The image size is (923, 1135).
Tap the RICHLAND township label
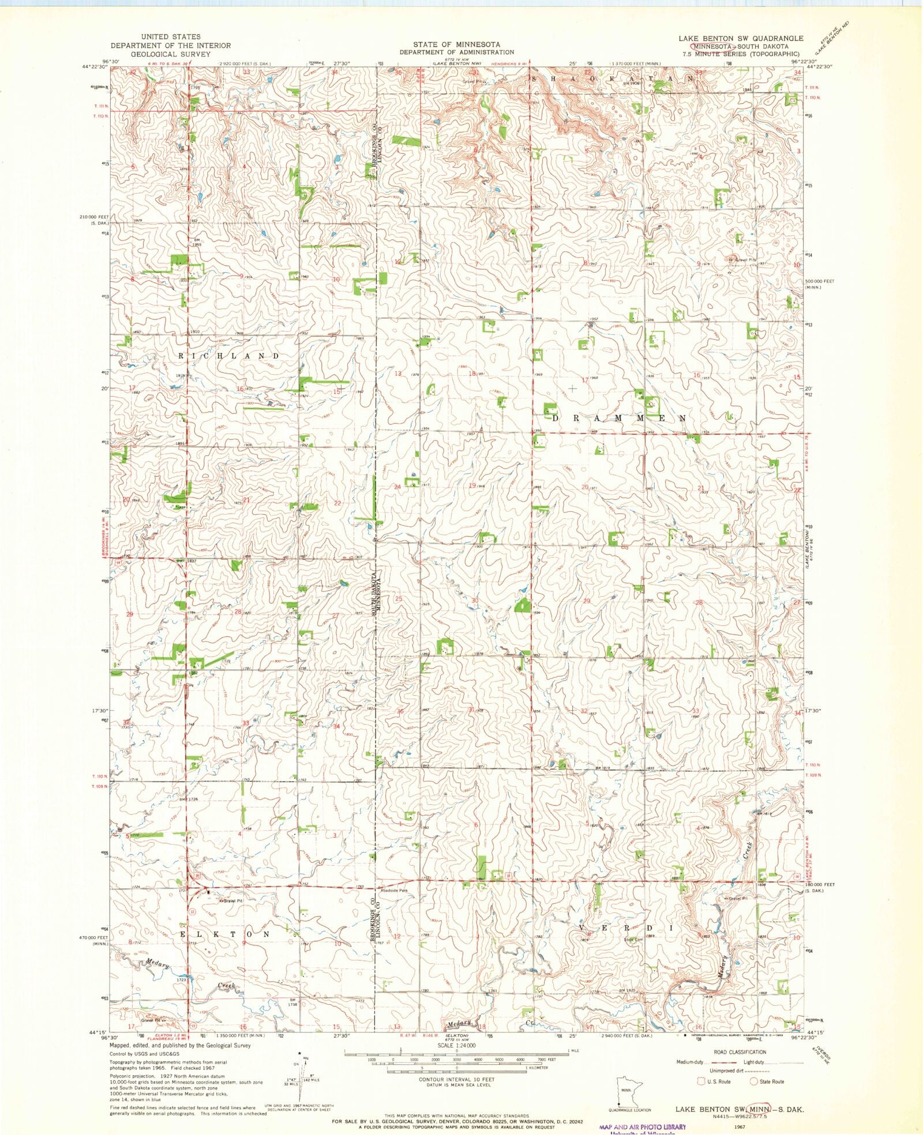click(x=229, y=356)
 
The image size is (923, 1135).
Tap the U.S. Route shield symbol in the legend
click(x=702, y=1081)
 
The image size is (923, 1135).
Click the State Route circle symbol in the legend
click(x=753, y=1081)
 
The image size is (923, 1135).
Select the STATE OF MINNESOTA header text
click(x=456, y=44)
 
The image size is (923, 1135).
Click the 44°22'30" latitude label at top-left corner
click(x=94, y=67)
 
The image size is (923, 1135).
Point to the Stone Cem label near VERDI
click(x=633, y=939)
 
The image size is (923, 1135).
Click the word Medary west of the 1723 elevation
click(x=156, y=963)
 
